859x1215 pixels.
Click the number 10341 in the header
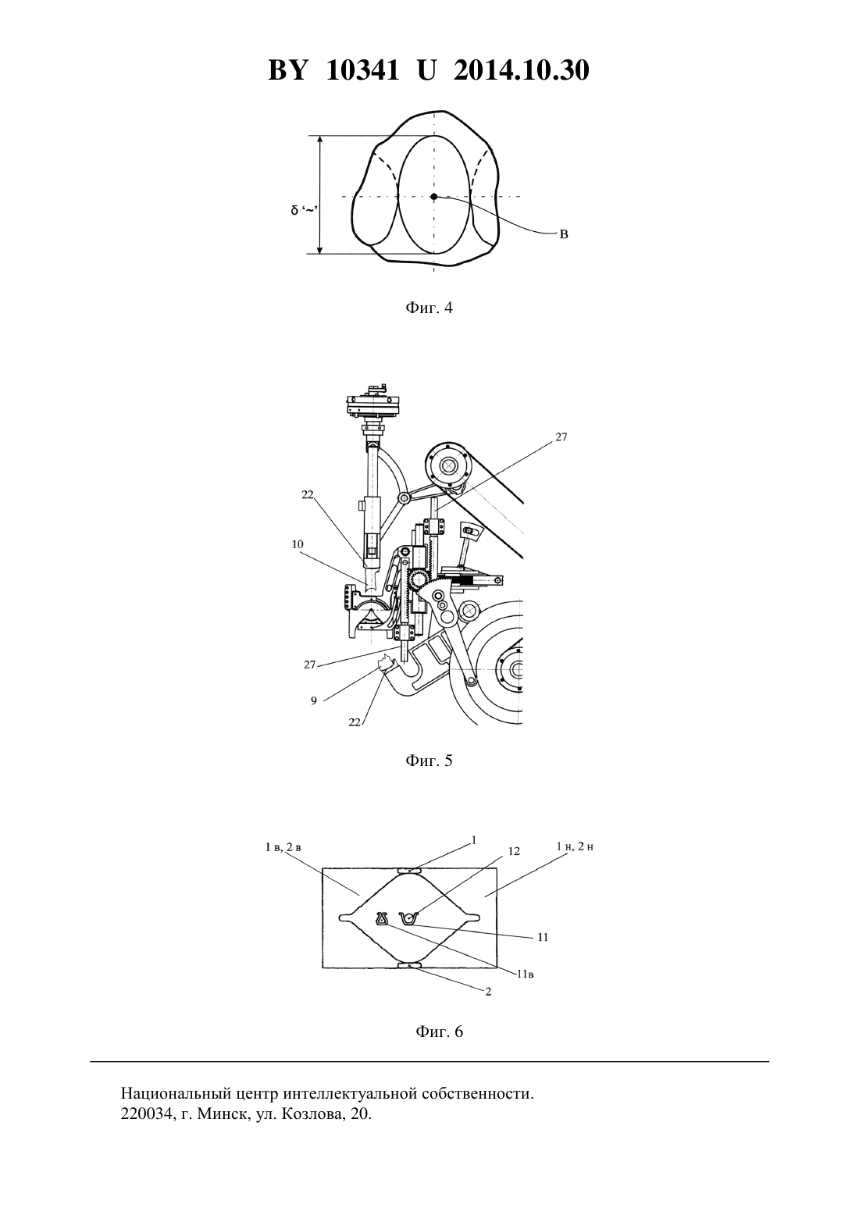pyautogui.click(x=363, y=70)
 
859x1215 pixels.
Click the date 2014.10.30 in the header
pyautogui.click(x=521, y=70)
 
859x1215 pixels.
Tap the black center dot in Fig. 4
pyautogui.click(x=433, y=196)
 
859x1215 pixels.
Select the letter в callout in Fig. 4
pyautogui.click(x=564, y=235)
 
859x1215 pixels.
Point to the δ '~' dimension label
pyautogui.click(x=304, y=210)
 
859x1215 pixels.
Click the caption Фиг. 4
pyautogui.click(x=429, y=308)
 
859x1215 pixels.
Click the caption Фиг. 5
pyautogui.click(x=429, y=761)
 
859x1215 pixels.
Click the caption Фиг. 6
pyautogui.click(x=439, y=1032)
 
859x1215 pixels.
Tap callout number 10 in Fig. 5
pyautogui.click(x=298, y=544)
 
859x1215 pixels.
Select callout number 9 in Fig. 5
pyautogui.click(x=314, y=700)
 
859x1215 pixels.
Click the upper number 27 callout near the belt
pyautogui.click(x=561, y=437)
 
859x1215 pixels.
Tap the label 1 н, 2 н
pyautogui.click(x=575, y=846)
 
